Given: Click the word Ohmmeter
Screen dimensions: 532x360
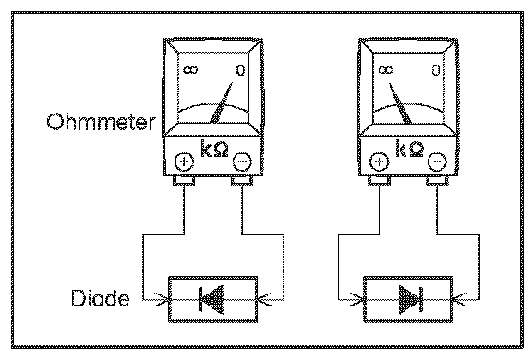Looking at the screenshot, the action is point(101,122).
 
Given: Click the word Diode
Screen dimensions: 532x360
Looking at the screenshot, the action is point(101,298).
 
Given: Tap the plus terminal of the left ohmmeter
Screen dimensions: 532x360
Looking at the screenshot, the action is point(184,162).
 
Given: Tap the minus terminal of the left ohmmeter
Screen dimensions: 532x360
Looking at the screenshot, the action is point(242,162).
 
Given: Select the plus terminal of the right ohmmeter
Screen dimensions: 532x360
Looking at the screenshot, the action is point(379,162).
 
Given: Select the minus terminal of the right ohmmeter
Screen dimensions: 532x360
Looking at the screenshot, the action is point(437,162).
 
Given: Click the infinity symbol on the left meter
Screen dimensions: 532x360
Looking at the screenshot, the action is point(190,70).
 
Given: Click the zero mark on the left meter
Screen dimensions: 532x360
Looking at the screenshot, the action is point(240,70).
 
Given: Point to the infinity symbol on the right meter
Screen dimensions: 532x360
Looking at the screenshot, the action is point(386,70).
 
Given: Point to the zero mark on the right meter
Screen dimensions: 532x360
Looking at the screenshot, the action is point(436,70).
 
